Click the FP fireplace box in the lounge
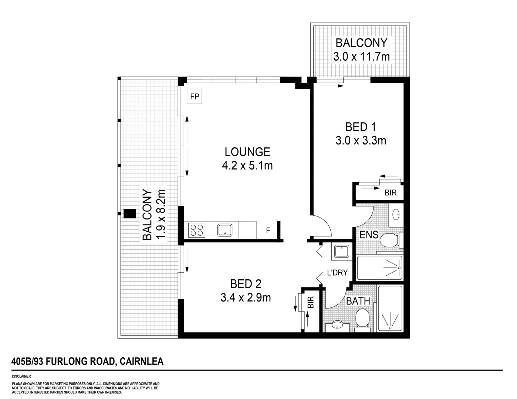coord(195,97)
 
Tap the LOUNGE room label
coord(247,152)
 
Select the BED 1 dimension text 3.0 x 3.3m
coord(361,141)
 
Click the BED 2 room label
coord(246,284)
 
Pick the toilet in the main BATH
coord(362,318)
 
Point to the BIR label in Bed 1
coord(390,193)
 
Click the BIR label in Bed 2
coord(311,303)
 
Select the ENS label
coord(369,235)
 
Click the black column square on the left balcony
coord(129,214)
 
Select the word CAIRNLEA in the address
coord(142,361)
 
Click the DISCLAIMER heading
coord(21,376)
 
